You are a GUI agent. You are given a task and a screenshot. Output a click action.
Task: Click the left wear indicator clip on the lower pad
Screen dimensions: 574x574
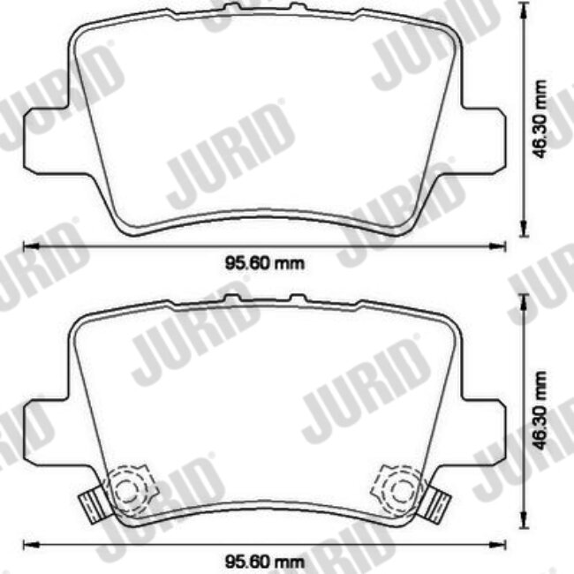(x=91, y=505)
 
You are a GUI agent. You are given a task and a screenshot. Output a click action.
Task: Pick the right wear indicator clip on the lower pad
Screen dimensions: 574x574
(x=434, y=505)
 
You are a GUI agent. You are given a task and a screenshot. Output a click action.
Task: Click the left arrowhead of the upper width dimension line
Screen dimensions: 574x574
(x=26, y=245)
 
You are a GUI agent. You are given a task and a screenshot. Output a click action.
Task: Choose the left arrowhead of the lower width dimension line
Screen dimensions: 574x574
(x=26, y=544)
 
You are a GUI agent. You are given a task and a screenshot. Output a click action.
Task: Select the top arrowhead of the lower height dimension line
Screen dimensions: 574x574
(x=527, y=305)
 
